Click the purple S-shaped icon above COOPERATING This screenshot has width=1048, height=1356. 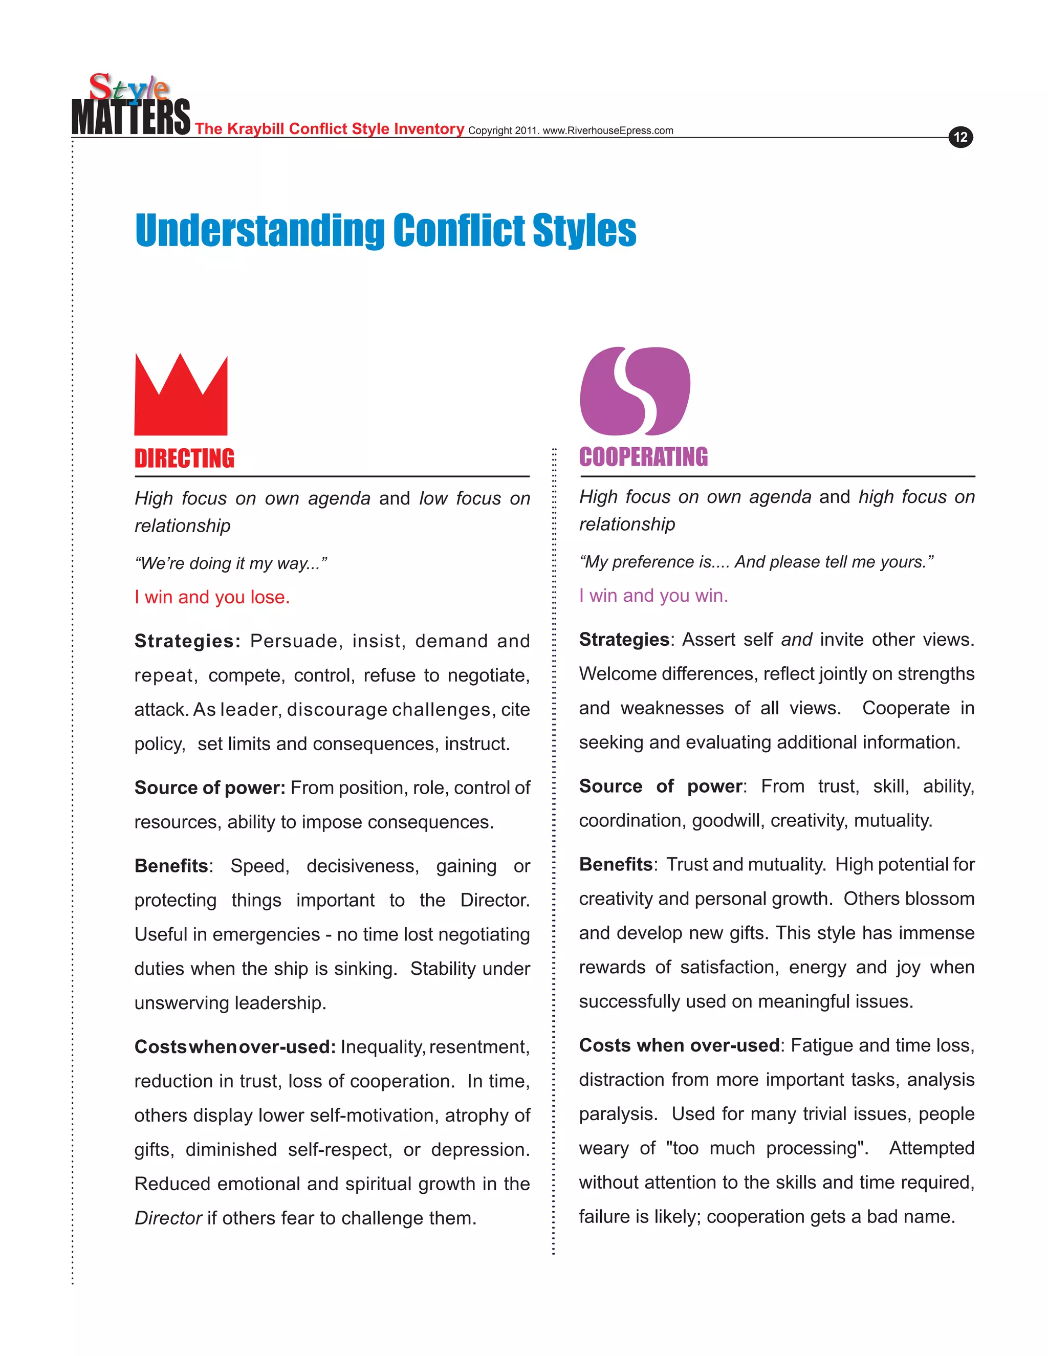click(635, 391)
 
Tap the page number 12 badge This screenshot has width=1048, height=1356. click(960, 137)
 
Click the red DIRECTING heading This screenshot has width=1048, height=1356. click(184, 459)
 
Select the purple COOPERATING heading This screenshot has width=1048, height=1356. click(643, 457)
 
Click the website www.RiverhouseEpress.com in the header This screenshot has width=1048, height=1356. click(608, 131)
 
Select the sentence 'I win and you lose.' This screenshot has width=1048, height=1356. click(212, 597)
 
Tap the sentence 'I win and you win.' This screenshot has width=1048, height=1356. click(653, 596)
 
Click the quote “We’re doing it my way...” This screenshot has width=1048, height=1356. click(230, 564)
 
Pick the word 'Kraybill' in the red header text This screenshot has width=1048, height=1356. click(255, 129)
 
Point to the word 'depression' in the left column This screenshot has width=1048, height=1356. click(479, 1150)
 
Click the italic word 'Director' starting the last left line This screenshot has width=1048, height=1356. click(168, 1218)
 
